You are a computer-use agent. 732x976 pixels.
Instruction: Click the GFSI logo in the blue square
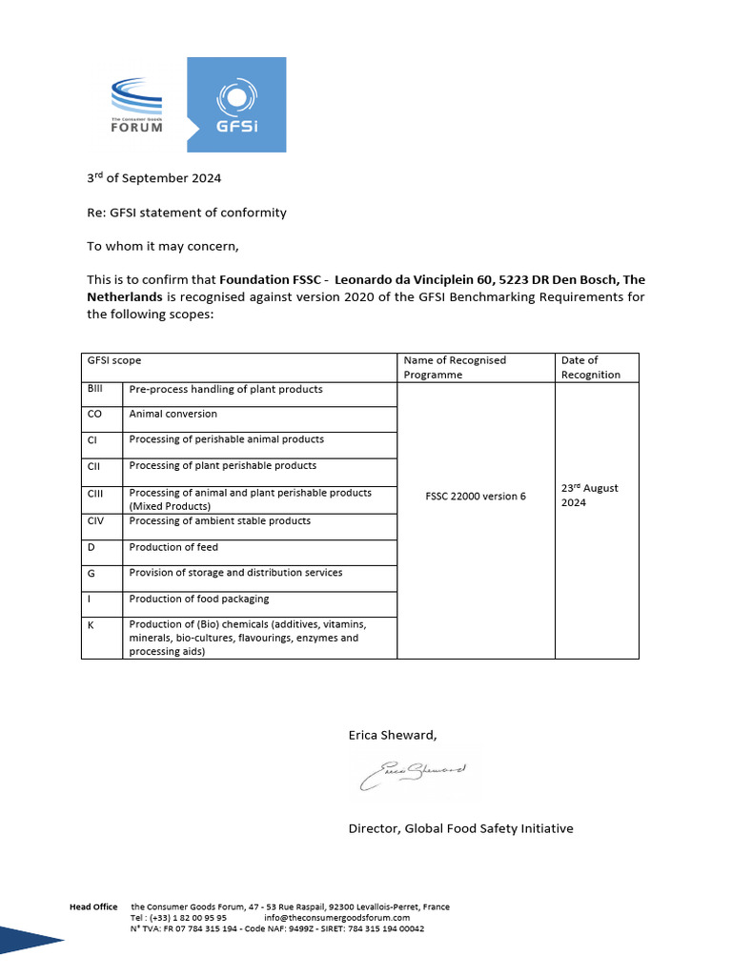(236, 105)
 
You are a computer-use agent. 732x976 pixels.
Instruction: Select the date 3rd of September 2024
(154, 178)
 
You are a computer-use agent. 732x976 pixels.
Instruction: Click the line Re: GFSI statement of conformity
(187, 213)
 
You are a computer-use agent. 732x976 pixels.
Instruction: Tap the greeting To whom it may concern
(163, 247)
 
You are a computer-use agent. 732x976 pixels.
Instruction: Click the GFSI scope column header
(114, 360)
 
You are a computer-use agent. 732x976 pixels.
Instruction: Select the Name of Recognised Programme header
(456, 367)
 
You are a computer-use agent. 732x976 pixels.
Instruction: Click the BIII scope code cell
(95, 389)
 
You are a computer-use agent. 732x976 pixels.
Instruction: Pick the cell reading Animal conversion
(173, 415)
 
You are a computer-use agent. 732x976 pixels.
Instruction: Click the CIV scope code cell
(97, 521)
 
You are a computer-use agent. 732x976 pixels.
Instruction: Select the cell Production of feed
(174, 547)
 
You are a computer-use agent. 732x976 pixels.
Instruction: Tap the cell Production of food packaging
(199, 599)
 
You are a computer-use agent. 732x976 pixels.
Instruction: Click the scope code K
(91, 624)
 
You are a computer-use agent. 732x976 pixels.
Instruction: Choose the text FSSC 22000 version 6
(476, 497)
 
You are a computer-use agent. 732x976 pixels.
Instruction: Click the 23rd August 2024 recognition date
(589, 495)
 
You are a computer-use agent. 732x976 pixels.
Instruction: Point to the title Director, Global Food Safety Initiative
(461, 828)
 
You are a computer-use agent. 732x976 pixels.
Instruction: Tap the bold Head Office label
(93, 906)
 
